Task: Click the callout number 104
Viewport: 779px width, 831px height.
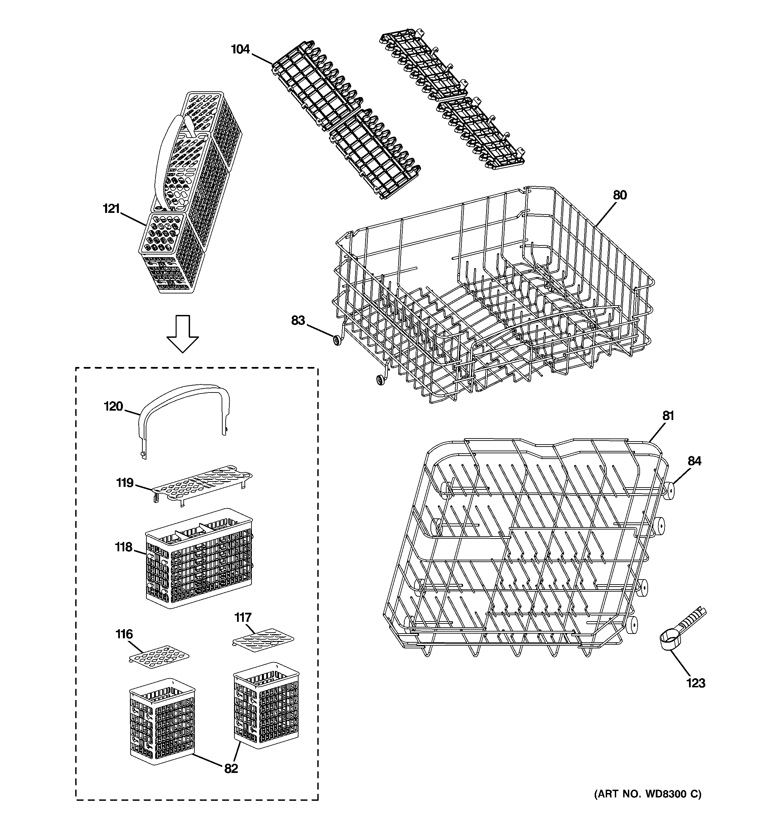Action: tap(240, 50)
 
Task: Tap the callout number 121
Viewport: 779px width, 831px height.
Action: tap(111, 209)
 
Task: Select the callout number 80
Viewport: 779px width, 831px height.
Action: tap(620, 195)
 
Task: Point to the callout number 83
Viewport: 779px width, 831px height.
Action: tap(298, 321)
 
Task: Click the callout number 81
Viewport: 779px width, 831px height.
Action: tap(668, 416)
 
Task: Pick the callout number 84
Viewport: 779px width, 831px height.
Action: tap(694, 461)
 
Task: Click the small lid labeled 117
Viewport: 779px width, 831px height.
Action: tap(263, 638)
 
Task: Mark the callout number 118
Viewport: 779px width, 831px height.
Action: tap(124, 547)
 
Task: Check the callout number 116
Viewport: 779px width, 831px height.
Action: tap(124, 635)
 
